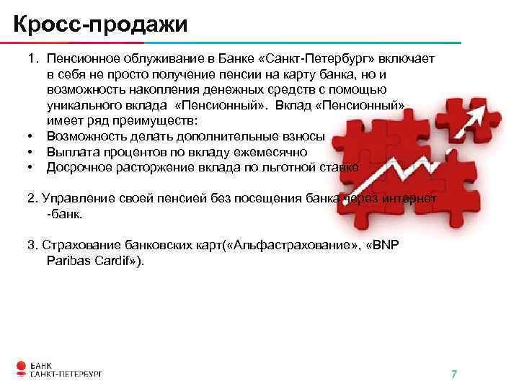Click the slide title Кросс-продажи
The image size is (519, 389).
pos(100,24)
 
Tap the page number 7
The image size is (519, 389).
pos(454,374)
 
